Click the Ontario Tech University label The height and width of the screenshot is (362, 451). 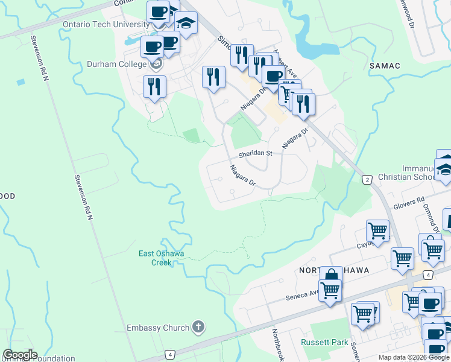click(106, 24)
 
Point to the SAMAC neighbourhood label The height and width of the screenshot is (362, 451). click(383, 65)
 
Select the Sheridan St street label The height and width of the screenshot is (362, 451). click(255, 154)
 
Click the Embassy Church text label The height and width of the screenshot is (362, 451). click(158, 328)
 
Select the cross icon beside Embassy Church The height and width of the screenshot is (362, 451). click(198, 328)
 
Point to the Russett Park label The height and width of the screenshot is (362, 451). click(324, 342)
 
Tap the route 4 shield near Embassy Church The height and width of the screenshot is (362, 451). click(171, 354)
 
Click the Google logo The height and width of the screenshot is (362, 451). click(20, 355)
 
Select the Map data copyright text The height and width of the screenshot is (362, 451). click(413, 357)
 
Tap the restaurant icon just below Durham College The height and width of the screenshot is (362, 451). click(155, 86)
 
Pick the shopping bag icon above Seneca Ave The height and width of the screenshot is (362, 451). click(330, 276)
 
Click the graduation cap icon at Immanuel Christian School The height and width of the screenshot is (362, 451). click(445, 169)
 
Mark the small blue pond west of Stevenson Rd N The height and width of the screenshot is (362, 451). click(21, 81)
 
